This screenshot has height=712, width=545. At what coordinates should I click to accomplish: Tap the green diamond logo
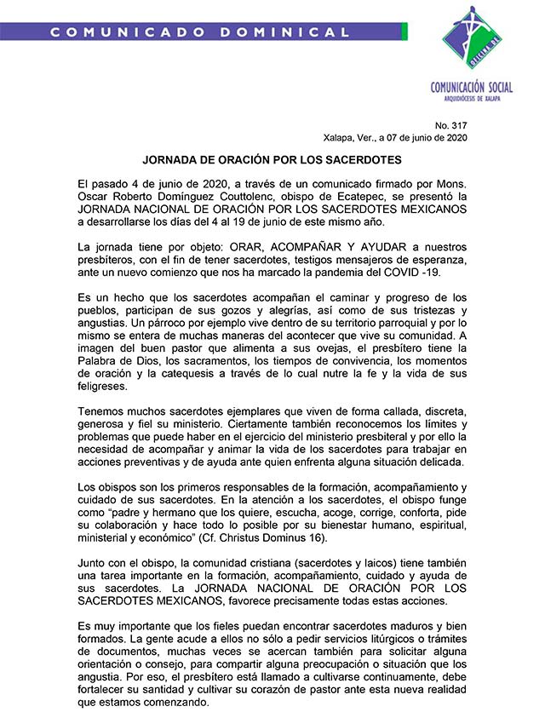[x=471, y=37]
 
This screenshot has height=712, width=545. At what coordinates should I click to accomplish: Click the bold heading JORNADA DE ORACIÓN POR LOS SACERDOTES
[x=272, y=159]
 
